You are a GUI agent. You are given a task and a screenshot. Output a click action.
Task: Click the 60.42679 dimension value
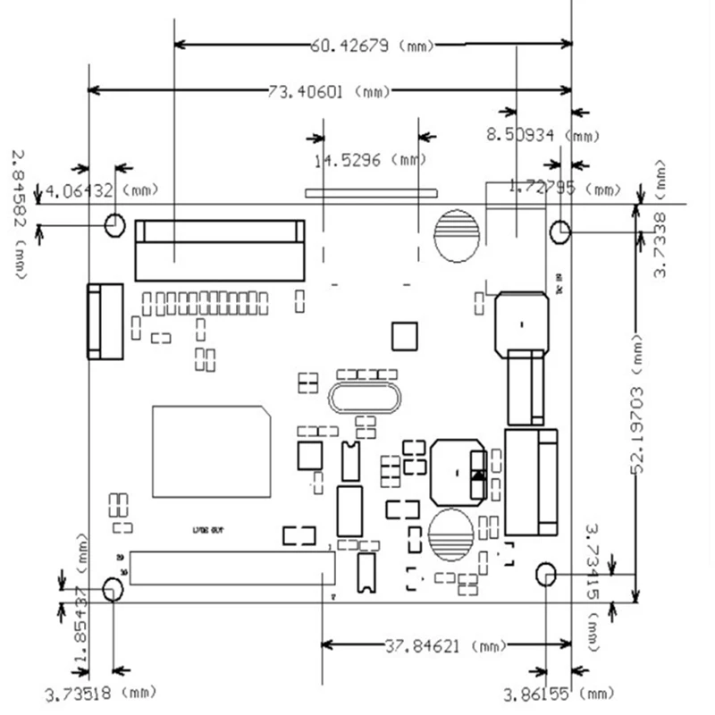(x=349, y=45)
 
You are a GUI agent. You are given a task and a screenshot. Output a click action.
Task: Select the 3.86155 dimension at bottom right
(x=540, y=694)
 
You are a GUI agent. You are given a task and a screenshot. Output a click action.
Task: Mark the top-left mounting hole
(x=114, y=224)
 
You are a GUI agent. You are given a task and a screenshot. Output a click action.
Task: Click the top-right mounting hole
(x=559, y=231)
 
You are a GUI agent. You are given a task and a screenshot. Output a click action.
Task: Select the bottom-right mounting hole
(x=546, y=574)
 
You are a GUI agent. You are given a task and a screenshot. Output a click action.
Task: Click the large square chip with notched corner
(x=211, y=451)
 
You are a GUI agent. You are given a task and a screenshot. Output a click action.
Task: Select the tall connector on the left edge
(x=105, y=321)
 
